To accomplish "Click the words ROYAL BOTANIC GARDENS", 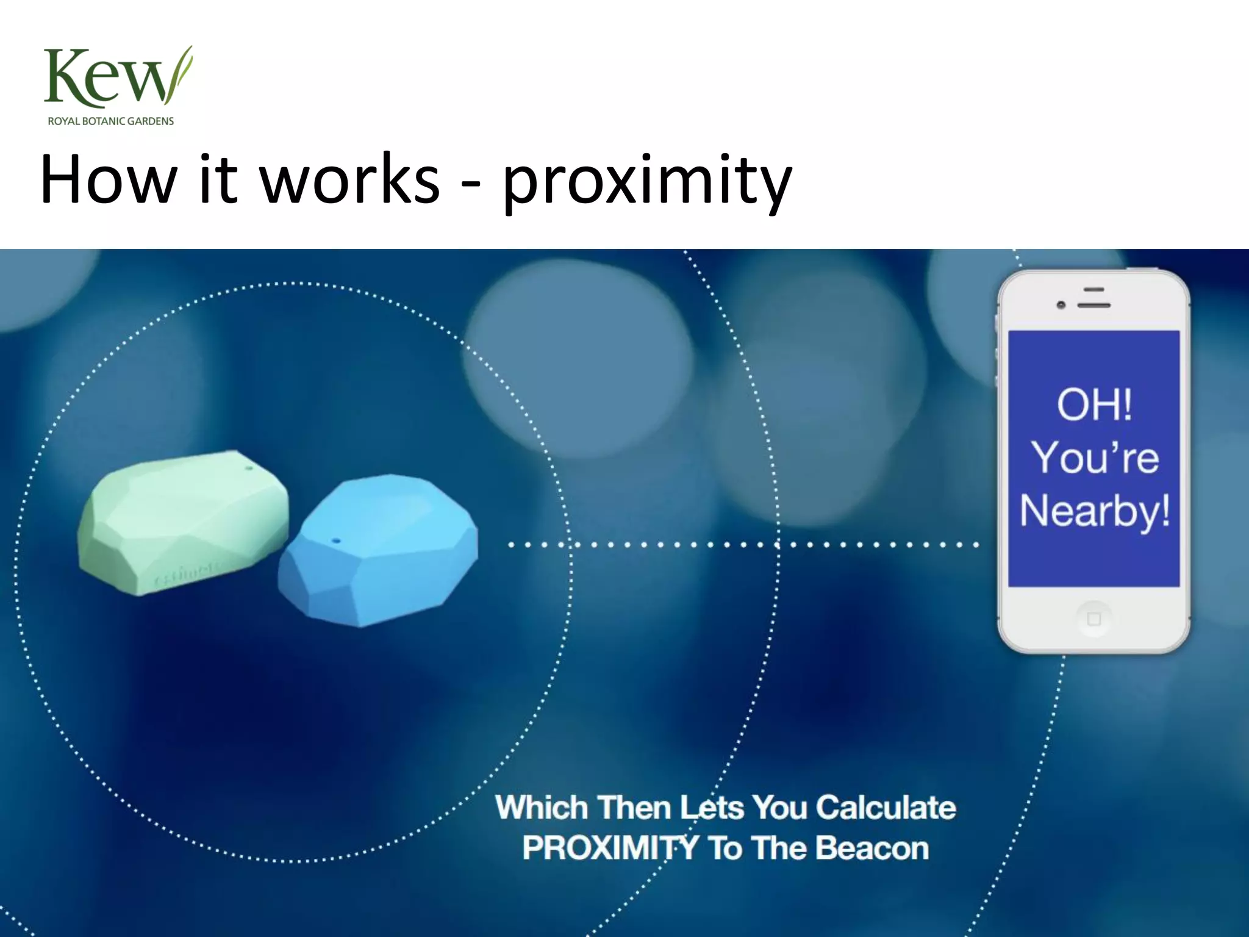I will point(111,121).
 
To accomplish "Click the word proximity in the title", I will point(647,181).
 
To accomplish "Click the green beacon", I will point(183,522).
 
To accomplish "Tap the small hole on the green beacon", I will point(249,469).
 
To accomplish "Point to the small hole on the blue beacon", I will point(335,540).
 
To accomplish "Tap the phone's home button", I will point(1093,619).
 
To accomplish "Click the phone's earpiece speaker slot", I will point(1094,304).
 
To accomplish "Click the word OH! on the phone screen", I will point(1094,404).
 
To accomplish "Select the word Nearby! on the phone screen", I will point(1095,511).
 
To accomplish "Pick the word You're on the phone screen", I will point(1095,458).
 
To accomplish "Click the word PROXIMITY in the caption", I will point(610,848).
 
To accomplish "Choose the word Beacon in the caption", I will point(871,848).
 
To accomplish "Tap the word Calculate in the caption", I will point(886,808).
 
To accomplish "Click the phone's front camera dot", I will point(1061,304).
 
